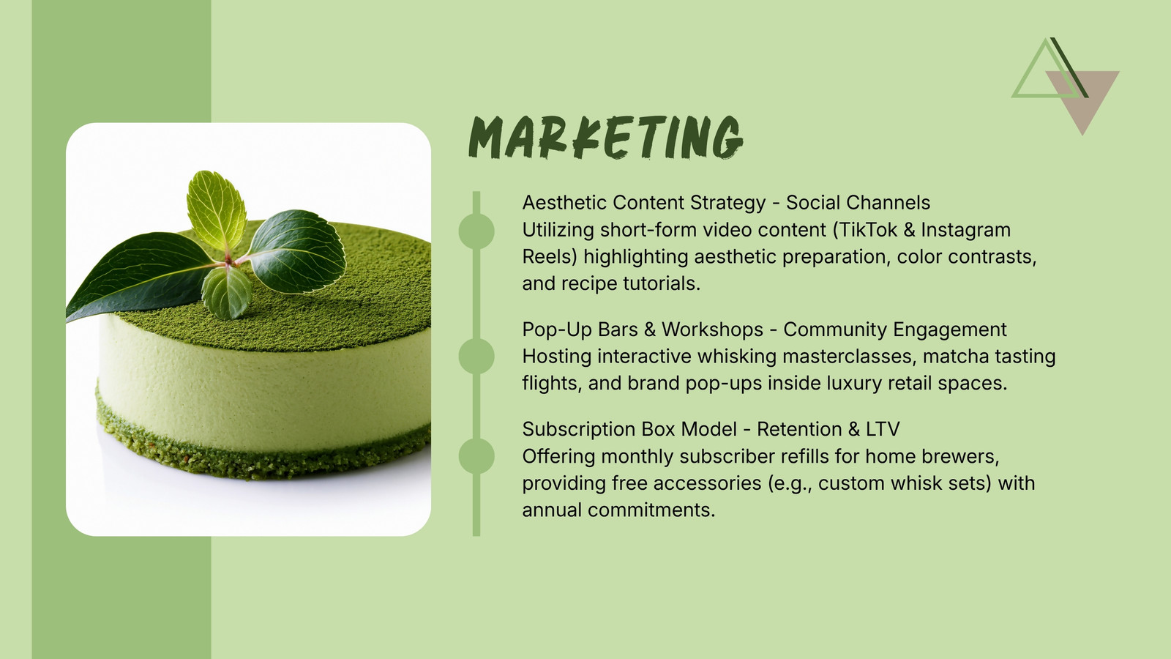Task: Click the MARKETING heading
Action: tap(605, 137)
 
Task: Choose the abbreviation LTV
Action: tap(883, 429)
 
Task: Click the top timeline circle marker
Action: tap(476, 231)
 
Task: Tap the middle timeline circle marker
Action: tap(476, 356)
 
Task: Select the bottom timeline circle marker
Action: tap(476, 456)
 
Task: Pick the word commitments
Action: tap(651, 510)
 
